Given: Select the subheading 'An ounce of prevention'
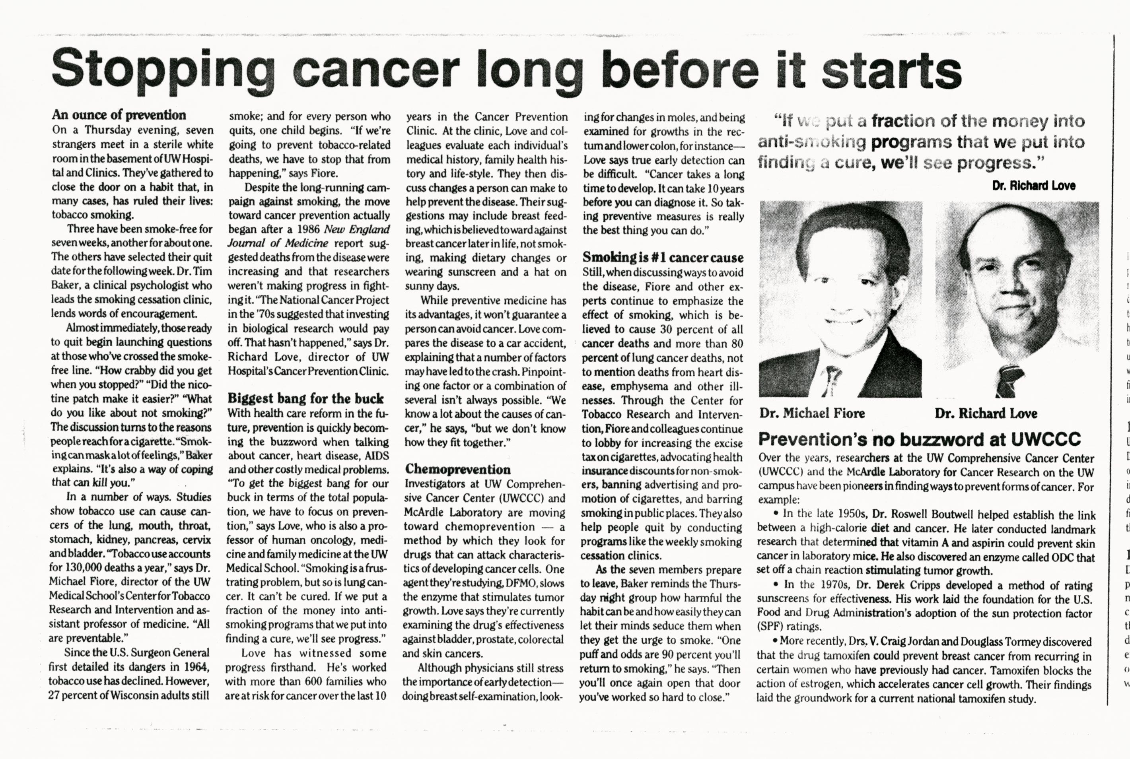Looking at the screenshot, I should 119,115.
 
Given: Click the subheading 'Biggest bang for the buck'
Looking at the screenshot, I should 305,398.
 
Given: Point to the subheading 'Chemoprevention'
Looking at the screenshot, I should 457,469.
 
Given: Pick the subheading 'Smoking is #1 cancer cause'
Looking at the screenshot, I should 663,258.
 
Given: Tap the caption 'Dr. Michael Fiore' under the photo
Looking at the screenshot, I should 812,413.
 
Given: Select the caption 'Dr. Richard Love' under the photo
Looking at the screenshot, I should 986,413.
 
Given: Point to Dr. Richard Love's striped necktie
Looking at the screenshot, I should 1010,380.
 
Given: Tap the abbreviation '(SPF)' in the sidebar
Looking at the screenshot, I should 770,626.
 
